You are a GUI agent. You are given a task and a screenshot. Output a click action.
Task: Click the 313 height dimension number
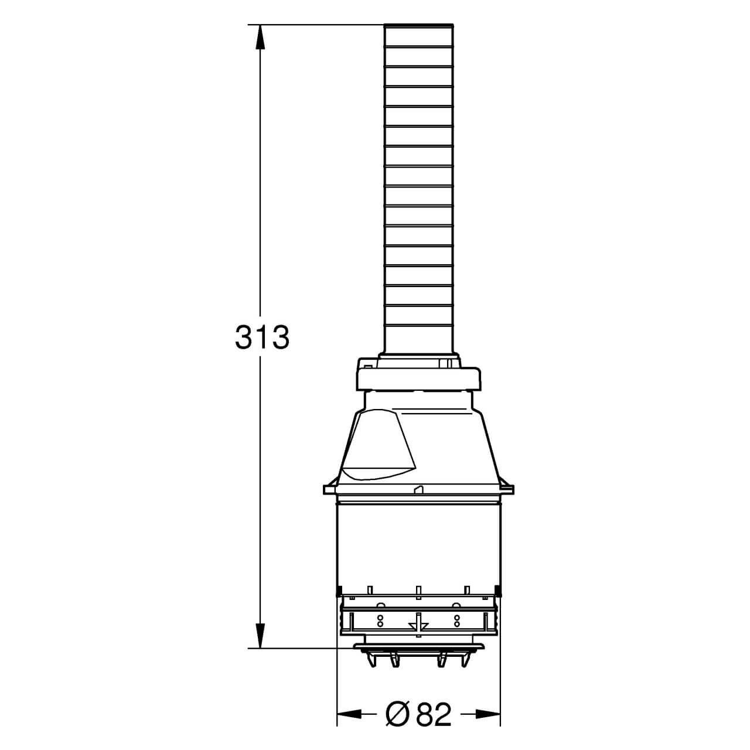tap(262, 338)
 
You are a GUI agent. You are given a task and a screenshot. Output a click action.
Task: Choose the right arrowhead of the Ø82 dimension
tap(489, 714)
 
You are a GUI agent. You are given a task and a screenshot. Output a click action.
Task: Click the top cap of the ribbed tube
tap(418, 25)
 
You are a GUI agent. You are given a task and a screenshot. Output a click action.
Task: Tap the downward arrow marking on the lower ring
tap(418, 623)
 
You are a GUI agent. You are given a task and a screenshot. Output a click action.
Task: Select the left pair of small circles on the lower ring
tap(380, 621)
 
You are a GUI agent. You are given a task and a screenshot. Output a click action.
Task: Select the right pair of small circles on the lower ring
tap(456, 621)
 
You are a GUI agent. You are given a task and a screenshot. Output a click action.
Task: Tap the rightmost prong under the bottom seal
tap(468, 660)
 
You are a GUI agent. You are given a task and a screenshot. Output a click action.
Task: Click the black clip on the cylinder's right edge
tap(497, 589)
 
